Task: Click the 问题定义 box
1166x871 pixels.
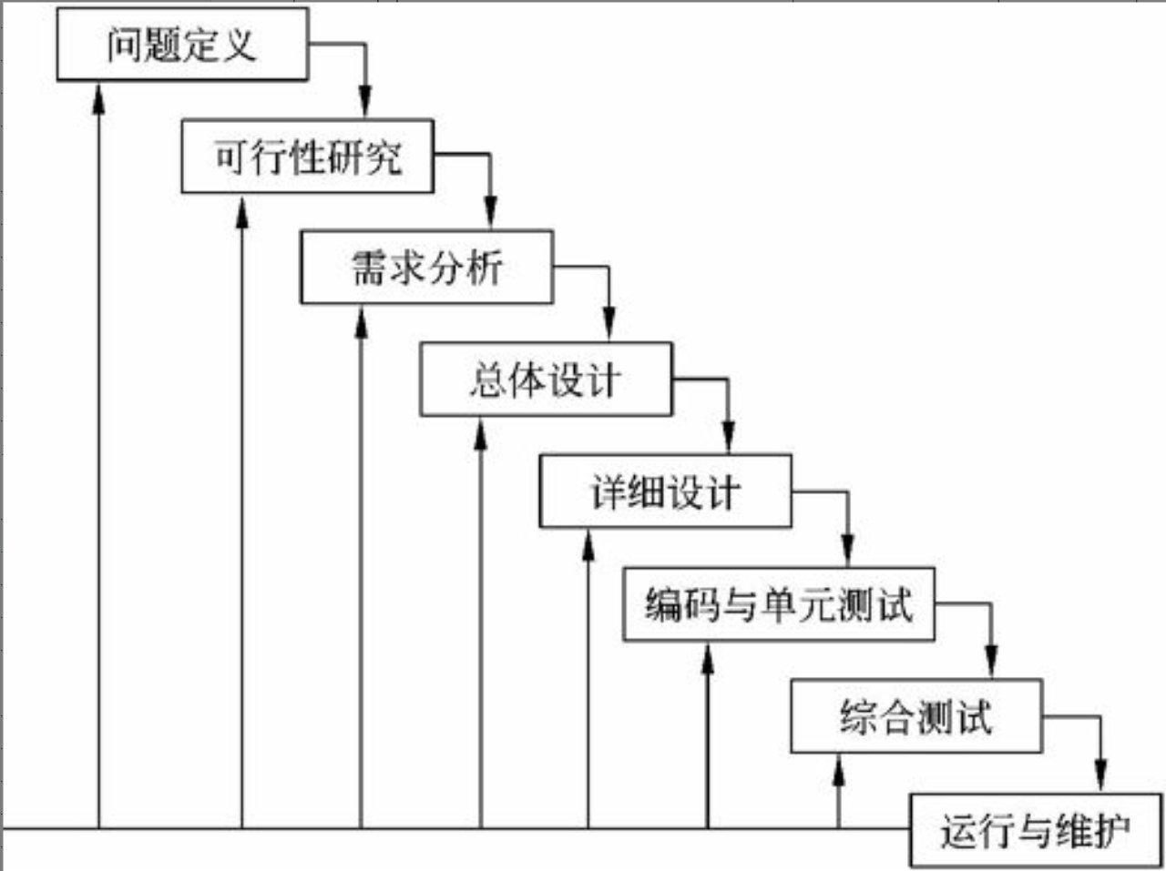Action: pos(182,45)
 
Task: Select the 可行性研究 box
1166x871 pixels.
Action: pos(307,157)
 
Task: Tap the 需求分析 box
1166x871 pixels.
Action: pos(426,268)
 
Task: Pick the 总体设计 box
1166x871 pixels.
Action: pos(546,380)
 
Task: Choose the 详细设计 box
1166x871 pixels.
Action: pos(665,491)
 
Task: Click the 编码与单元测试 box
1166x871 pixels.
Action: pos(779,604)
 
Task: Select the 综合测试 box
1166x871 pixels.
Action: pos(915,716)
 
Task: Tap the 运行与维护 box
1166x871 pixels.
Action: pos(1036,830)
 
